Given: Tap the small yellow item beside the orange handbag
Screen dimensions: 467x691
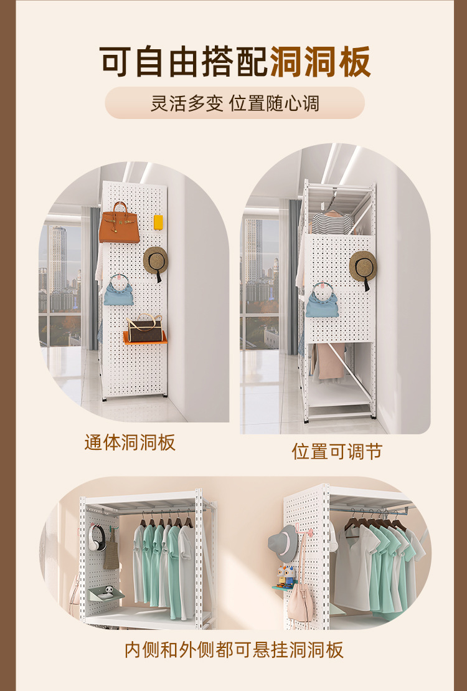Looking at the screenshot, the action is (158, 222).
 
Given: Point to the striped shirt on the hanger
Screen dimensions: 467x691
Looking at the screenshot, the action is (332, 222).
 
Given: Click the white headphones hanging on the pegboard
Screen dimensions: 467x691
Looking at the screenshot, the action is (97, 537).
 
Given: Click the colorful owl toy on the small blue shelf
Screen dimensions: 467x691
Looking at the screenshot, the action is (286, 574).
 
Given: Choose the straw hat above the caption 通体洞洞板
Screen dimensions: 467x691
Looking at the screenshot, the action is (156, 260).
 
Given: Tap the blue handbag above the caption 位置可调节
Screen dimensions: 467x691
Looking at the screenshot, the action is (322, 302).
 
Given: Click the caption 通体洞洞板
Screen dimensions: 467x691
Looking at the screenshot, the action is (130, 442).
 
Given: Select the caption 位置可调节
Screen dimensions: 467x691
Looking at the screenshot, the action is (337, 451).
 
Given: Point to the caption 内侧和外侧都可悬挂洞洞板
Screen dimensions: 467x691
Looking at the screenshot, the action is (233, 650).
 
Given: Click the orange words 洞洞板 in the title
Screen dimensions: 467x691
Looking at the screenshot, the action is (320, 62).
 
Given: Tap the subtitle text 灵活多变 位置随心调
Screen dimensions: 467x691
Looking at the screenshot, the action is (234, 103).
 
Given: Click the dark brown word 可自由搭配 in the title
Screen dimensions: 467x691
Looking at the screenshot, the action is (184, 62).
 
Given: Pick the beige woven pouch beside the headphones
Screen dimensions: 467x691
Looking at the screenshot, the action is (111, 551).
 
